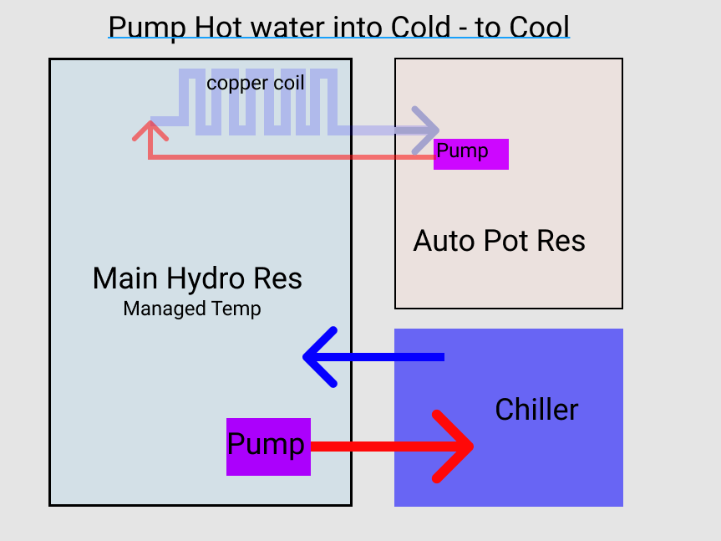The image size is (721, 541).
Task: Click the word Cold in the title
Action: [x=407, y=27]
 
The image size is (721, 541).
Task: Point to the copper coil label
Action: [x=255, y=84]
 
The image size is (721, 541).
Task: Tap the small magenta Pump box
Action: [x=470, y=154]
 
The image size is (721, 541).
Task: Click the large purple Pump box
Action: [x=268, y=446]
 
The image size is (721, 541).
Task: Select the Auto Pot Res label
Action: [x=499, y=242]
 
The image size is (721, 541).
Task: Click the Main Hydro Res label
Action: [x=197, y=278]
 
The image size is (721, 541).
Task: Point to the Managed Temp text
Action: [x=192, y=309]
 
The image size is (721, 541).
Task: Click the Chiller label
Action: [x=536, y=410]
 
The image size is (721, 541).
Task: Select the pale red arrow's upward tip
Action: [x=150, y=126]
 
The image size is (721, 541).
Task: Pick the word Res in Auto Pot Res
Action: [x=561, y=242]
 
